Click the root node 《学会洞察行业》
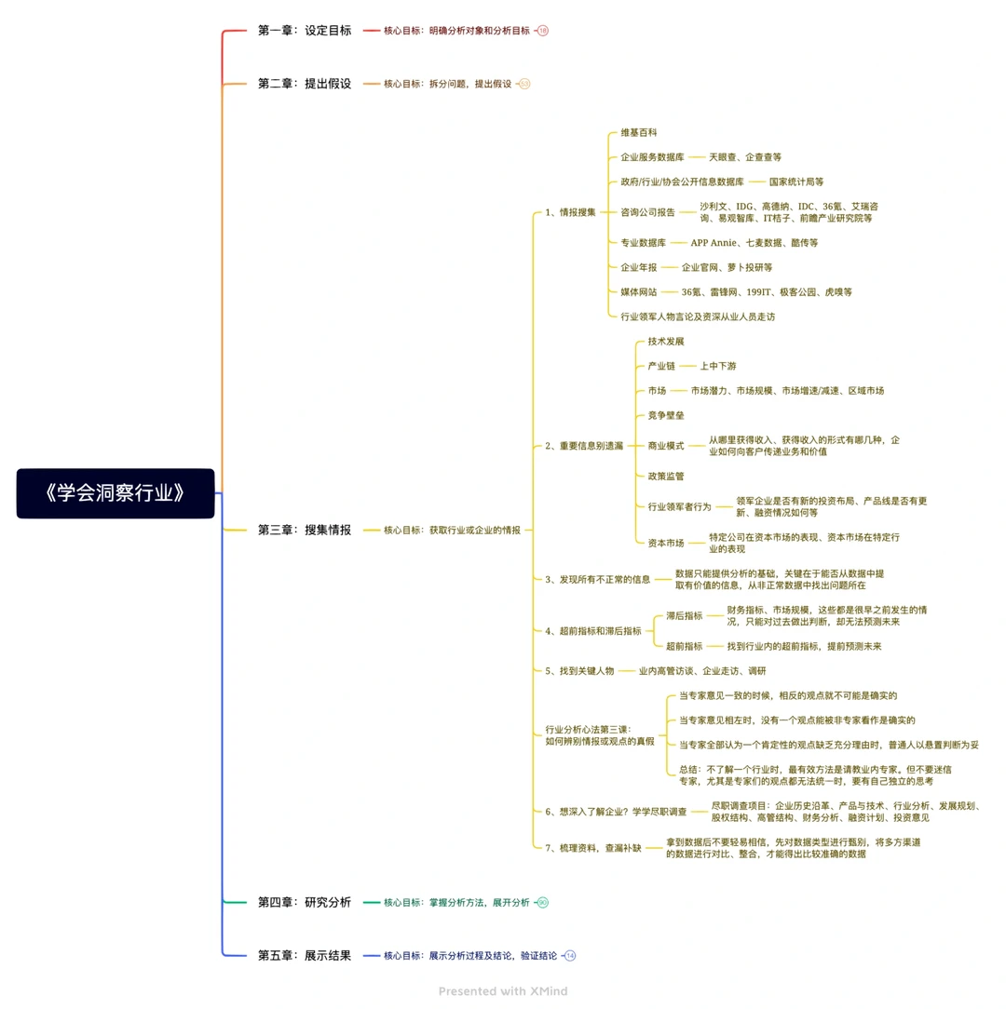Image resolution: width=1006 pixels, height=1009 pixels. coord(116,493)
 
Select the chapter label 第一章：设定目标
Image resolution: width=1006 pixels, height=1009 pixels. coord(305,30)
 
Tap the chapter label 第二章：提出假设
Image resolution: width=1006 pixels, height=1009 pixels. coord(305,84)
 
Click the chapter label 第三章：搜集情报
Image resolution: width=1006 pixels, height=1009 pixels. coord(305,531)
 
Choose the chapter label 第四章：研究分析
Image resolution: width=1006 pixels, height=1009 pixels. coord(305,902)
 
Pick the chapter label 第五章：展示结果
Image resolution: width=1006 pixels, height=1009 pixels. coord(305,956)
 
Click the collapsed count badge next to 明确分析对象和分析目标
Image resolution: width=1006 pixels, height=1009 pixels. coord(543,30)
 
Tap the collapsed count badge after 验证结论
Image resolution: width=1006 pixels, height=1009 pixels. coord(570,956)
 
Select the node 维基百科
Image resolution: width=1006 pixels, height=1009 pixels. coord(639,132)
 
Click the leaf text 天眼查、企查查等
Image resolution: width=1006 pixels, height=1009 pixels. coord(745,157)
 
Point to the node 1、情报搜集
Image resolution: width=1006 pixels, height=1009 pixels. coord(571,212)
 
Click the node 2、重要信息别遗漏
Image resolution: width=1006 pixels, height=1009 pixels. coord(584,446)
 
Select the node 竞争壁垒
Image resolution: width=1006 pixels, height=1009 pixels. coord(666,416)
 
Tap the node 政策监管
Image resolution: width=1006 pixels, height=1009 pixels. coord(666,477)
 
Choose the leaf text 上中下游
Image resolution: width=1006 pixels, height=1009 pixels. coord(718,366)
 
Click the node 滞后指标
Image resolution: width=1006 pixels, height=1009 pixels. coord(684,616)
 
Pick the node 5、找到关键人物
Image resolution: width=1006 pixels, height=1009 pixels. coord(579,671)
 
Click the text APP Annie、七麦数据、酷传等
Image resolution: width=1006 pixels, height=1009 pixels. coord(754,243)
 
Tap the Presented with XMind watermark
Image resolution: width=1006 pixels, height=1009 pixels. coord(503,991)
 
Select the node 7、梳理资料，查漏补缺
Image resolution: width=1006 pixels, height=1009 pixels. coord(593,848)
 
